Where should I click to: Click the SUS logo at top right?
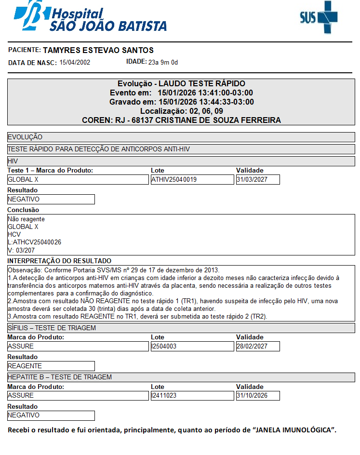click(318, 17)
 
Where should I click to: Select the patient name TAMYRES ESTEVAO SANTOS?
click(98, 50)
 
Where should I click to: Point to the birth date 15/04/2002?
click(75, 62)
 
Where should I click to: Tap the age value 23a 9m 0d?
click(163, 62)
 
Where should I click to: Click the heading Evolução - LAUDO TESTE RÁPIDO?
click(181, 83)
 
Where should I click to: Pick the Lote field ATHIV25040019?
click(192, 180)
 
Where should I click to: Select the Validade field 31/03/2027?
click(257, 180)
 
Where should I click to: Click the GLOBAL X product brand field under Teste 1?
click(78, 180)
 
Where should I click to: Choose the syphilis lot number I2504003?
click(192, 347)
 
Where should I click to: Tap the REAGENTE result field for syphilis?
click(51, 366)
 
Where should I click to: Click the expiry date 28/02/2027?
click(257, 347)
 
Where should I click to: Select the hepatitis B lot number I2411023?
click(192, 396)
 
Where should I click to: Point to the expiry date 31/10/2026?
click(257, 396)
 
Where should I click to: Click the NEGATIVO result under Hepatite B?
click(51, 415)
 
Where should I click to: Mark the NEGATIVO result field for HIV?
click(51, 199)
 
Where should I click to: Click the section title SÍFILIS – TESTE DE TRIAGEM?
click(52, 328)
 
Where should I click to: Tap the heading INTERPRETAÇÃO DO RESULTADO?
click(59, 261)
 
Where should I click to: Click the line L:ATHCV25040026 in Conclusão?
click(35, 242)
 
